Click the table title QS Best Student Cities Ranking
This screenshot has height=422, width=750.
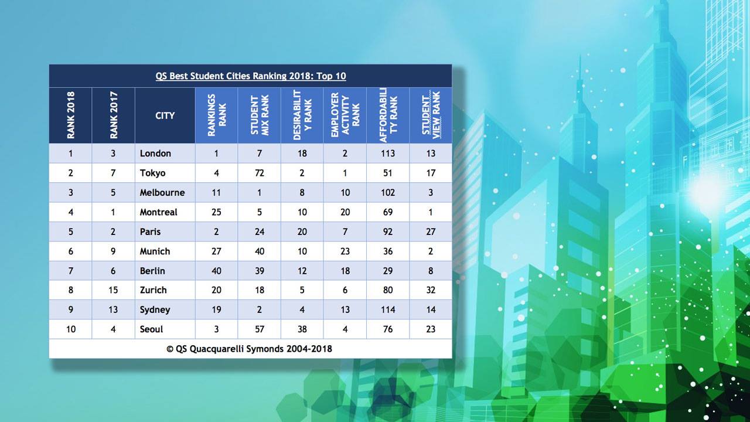coord(250,76)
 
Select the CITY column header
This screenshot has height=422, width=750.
coord(165,115)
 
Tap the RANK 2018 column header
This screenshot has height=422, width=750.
coord(71,115)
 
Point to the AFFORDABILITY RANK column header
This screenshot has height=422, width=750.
coord(388,115)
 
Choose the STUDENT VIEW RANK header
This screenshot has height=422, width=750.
coord(431,115)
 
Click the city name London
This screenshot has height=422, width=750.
coord(155,154)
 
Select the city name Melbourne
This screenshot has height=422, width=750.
coord(162,193)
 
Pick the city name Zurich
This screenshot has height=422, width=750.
coord(153,290)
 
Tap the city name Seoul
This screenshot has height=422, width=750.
coord(151,329)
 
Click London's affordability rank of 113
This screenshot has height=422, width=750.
coord(388,154)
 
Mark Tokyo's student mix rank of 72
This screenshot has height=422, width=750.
coord(260,173)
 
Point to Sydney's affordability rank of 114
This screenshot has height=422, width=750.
coord(388,310)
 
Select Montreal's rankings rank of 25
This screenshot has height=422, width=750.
coord(216,212)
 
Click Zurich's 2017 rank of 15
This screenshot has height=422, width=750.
coord(113,290)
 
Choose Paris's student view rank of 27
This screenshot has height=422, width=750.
coord(431,232)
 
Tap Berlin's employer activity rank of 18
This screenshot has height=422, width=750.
coord(345,271)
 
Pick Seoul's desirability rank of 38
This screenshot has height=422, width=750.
coord(302,329)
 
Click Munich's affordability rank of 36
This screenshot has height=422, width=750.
coord(388,251)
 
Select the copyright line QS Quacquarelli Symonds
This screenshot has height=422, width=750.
coord(249,349)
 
